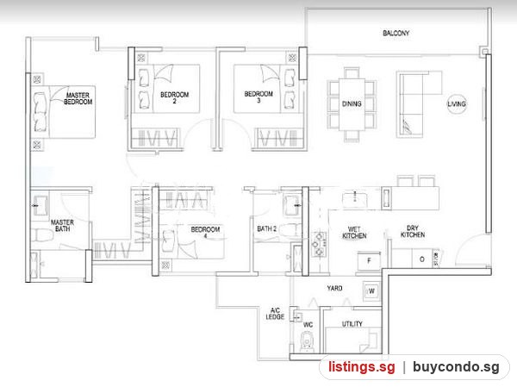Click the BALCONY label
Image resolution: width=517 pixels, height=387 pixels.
[x=396, y=33]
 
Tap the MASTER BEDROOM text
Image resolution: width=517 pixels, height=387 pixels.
[x=78, y=98]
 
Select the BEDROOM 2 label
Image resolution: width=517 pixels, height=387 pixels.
[x=174, y=97]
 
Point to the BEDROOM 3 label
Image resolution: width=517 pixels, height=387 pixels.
[x=258, y=97]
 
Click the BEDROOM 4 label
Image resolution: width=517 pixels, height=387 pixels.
[x=205, y=232]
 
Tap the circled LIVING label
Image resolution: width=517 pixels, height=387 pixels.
[x=457, y=104]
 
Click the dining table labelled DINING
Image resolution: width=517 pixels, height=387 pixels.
[x=352, y=104]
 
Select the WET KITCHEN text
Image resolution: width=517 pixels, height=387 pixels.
[x=354, y=232]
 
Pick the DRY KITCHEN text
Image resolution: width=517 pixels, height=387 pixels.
[x=413, y=231]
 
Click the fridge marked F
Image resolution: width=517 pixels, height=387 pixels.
[x=369, y=261]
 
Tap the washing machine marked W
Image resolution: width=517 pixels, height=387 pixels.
[x=371, y=291]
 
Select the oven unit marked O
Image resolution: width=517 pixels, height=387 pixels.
[x=421, y=259]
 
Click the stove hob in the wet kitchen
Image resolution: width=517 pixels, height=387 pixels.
[x=319, y=245]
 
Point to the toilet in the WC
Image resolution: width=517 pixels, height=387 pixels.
[x=307, y=342]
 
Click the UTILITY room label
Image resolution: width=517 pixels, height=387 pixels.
[x=352, y=324]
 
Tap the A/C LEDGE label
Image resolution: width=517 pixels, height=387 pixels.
[x=275, y=314]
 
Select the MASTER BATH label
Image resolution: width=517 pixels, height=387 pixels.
[x=62, y=226]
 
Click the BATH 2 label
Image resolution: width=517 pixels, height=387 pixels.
[x=267, y=228]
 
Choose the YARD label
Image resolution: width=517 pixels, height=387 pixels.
[x=334, y=288]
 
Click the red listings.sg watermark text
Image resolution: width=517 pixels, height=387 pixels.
[x=361, y=367]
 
